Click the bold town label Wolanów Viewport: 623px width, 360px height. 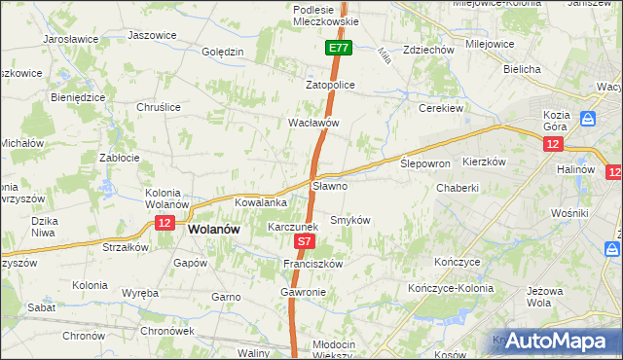coord(213,230)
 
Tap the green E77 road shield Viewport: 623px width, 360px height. coord(338,48)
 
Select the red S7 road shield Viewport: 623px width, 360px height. coord(305,240)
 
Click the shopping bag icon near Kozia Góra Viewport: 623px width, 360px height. coord(588,119)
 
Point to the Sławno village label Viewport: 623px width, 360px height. coord(330,185)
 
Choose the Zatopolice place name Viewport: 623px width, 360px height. coord(331,86)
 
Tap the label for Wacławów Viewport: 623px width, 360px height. coord(312,124)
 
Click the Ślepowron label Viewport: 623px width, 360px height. coord(425,163)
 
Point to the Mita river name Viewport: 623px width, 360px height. coord(383,56)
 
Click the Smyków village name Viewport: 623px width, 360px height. coord(351,220)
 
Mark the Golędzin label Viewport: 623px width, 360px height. coord(222,53)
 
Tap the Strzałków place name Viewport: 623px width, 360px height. coord(126,247)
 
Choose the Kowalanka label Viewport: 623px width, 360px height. coord(260,202)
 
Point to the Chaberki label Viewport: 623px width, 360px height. coord(458,188)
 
